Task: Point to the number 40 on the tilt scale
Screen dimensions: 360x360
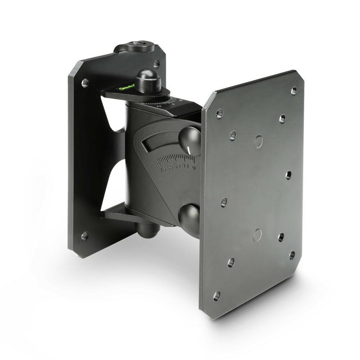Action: pyautogui.click(x=163, y=169)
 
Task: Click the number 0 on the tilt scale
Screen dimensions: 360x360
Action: pyautogui.click(x=194, y=167)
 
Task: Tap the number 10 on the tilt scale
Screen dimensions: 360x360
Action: pyautogui.click(x=185, y=166)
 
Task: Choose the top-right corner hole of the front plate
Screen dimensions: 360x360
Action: pyautogui.click(x=294, y=89)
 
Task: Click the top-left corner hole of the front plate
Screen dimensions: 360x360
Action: pyautogui.click(x=218, y=114)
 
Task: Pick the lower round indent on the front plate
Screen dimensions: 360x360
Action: pyautogui.click(x=257, y=234)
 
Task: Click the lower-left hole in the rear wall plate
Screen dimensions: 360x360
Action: pyautogui.click(x=85, y=236)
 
